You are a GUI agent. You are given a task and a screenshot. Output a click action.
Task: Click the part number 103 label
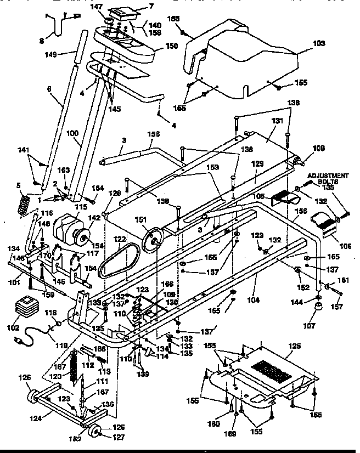pyautogui.click(x=319, y=43)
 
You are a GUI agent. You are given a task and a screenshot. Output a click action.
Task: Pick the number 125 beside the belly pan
pyautogui.click(x=295, y=346)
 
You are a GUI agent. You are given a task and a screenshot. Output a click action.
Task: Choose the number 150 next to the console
pyautogui.click(x=171, y=46)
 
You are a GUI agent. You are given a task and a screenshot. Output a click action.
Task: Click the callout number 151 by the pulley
pyautogui.click(x=141, y=219)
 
